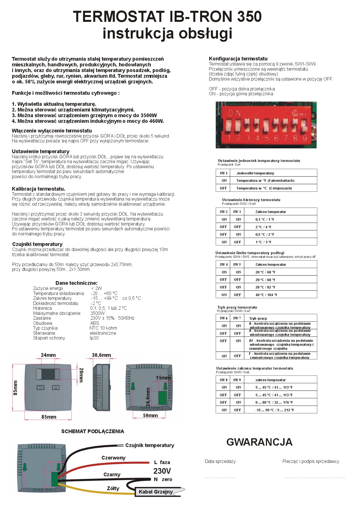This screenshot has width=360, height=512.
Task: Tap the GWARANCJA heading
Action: coord(259,442)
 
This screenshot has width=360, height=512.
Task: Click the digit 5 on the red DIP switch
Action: coord(267,138)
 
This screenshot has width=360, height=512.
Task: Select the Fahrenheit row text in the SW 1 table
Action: coord(265,181)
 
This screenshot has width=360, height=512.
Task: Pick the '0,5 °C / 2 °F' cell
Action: coord(265,235)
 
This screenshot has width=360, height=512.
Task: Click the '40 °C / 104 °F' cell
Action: coord(266,295)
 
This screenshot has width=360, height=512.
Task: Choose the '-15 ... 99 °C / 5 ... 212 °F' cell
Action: coord(274,410)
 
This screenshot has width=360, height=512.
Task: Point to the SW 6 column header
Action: coord(223,318)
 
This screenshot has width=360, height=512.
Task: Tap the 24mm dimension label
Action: coord(48,355)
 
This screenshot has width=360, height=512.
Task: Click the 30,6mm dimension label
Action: coord(101,355)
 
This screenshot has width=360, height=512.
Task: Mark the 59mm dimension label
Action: coord(150,416)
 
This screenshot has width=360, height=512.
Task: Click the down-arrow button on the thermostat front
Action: coord(41,387)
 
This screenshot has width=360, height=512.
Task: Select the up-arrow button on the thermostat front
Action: coord(56,387)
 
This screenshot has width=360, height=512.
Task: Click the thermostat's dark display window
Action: coord(48,374)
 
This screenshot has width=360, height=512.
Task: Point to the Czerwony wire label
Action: coord(113,458)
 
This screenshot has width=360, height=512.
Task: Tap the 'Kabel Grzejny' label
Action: coord(156,492)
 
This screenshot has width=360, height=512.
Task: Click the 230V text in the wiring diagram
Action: coord(162,471)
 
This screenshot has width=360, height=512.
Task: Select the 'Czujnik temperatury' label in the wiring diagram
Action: coord(150,445)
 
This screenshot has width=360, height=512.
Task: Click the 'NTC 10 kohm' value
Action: coord(103,328)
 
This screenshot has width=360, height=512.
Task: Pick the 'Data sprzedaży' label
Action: coord(220,462)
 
